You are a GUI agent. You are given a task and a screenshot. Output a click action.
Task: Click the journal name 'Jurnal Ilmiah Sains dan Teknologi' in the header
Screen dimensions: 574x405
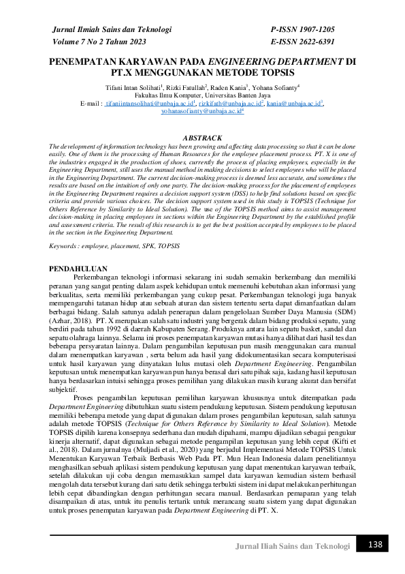106,30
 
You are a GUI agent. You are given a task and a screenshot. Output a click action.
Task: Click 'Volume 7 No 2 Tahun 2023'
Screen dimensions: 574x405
99,42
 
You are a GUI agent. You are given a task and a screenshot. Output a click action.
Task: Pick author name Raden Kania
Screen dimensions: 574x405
228,88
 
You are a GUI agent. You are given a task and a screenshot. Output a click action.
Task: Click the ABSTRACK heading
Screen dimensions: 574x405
202,138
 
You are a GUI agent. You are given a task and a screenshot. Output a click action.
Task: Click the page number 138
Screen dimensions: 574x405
375,545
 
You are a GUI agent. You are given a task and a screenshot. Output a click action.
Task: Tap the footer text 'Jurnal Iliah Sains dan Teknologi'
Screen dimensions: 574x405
292,546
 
